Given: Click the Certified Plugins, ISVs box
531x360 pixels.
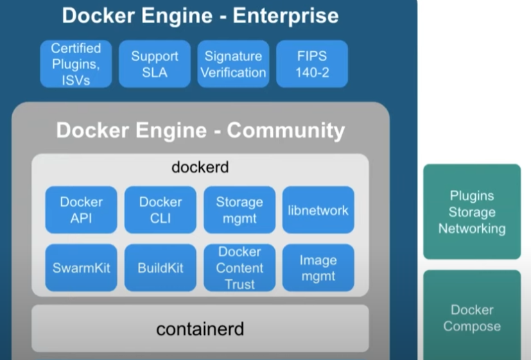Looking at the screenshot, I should coord(76,64).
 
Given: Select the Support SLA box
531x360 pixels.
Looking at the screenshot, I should coord(155,64).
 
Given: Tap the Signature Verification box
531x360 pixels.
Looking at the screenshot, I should coord(233,64).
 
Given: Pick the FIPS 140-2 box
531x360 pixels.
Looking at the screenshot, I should coord(312,64).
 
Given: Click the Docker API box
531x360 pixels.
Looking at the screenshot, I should coord(81,210).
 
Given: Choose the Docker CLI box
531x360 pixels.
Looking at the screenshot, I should coord(161,210).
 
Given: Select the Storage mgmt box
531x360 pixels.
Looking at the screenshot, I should coord(239,210).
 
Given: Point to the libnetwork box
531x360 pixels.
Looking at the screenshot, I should coord(318,210).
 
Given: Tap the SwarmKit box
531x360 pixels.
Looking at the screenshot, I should coord(81,268).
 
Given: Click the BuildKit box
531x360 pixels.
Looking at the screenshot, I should coord(161,268).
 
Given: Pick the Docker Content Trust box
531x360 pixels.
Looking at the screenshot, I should coord(239,268).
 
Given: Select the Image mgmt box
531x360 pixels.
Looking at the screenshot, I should coord(318,268).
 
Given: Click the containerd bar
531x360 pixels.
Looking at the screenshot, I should coord(200,329).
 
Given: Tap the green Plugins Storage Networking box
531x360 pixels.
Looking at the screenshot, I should coord(472,212).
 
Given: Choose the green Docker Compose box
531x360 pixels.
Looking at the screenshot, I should coord(472,318).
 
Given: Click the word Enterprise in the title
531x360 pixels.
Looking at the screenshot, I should coord(286,15).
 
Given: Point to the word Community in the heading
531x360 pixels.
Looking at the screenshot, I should coord(286,130).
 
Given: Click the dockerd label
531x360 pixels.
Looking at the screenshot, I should coord(200,167).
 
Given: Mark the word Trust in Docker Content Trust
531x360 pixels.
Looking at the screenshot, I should coord(239,284).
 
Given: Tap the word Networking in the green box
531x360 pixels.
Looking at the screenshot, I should coord(472,228).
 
